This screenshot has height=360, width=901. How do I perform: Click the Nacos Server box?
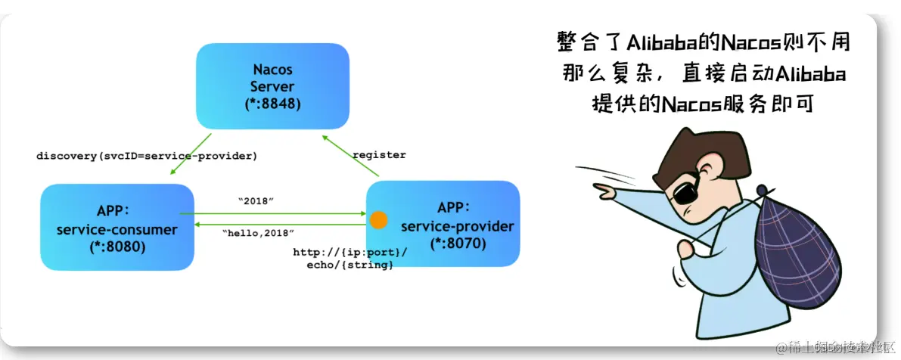pos(272,85)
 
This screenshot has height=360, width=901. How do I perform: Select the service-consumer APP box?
pos(117,227)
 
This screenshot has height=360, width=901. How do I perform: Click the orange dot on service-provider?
pos(378,220)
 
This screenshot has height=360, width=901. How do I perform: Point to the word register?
pos(380,155)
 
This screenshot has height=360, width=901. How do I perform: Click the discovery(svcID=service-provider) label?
pos(147,156)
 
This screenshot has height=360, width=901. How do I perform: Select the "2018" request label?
pos(256,201)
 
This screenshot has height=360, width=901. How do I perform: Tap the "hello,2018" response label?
pos(259,234)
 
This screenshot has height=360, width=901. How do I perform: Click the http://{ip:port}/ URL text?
pos(350,252)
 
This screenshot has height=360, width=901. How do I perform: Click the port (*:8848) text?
pos(272,104)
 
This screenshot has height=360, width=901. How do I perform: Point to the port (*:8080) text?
pos(117,246)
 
